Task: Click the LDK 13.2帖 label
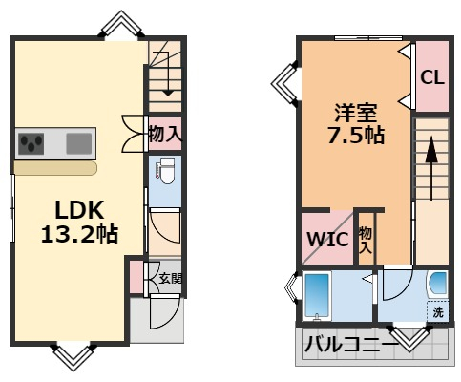(x=79, y=222)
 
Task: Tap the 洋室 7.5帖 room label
(x=356, y=124)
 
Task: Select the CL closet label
(x=432, y=76)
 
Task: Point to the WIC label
(x=327, y=239)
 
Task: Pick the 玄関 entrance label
(x=170, y=279)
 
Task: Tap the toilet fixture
(x=165, y=171)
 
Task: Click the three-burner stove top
(x=31, y=143)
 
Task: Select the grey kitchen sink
(x=79, y=143)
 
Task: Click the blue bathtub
(x=317, y=296)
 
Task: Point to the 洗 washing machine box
(x=438, y=311)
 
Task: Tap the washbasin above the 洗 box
(x=438, y=283)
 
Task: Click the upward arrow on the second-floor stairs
(x=431, y=168)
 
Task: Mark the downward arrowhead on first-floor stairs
(x=168, y=93)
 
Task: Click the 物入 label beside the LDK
(x=165, y=134)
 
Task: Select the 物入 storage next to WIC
(x=366, y=241)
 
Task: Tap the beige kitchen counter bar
(x=55, y=168)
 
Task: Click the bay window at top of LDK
(x=121, y=24)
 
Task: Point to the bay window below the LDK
(x=73, y=357)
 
